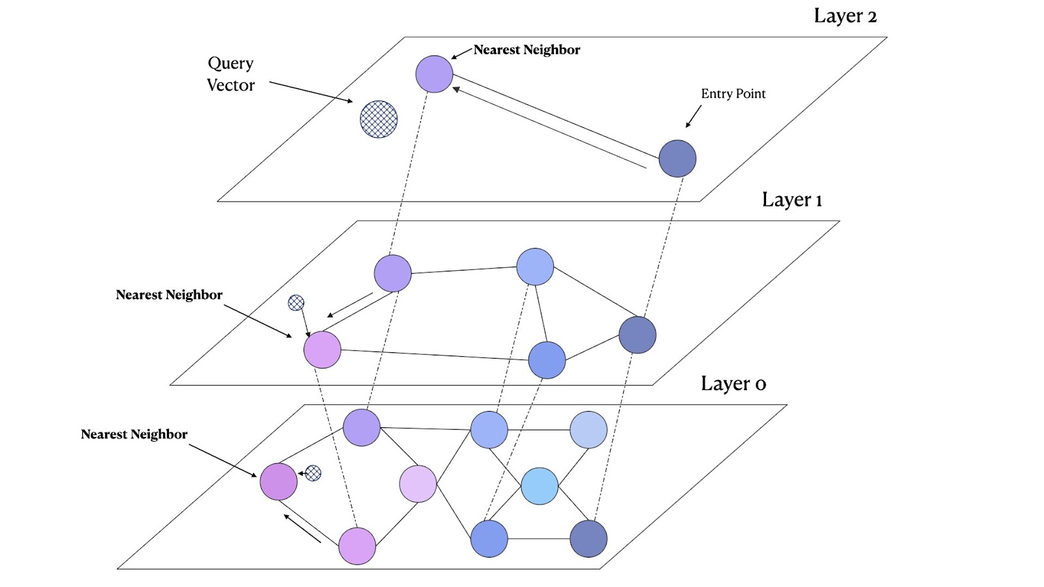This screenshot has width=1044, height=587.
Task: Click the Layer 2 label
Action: (x=845, y=16)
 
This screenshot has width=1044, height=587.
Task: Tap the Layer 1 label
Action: (x=791, y=200)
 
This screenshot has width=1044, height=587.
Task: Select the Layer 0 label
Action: (x=733, y=384)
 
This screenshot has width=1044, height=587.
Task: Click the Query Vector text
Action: (x=230, y=74)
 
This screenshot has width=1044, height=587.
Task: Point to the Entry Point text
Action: (x=733, y=94)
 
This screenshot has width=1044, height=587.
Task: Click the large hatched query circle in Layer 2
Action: (x=378, y=119)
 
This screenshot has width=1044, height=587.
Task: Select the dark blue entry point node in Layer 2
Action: (x=677, y=158)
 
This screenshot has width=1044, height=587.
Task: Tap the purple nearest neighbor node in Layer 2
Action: (x=434, y=74)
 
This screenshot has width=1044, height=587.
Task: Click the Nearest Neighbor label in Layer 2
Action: (x=527, y=50)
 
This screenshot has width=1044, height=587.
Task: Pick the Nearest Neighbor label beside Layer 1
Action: (x=169, y=295)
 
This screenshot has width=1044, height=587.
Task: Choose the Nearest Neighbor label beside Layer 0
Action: (x=134, y=434)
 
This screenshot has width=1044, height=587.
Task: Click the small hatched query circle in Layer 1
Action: (x=296, y=303)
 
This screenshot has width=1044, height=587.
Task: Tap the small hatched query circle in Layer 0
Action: (x=313, y=473)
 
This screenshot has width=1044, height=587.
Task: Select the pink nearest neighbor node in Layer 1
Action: (x=322, y=350)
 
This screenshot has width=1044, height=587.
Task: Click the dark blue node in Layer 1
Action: (x=637, y=335)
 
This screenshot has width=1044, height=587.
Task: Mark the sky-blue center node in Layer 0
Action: (x=540, y=486)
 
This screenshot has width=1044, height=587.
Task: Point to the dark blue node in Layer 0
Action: (x=589, y=539)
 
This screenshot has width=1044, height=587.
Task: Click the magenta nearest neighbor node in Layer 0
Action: (x=279, y=481)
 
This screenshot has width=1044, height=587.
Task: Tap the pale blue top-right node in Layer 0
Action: (x=589, y=430)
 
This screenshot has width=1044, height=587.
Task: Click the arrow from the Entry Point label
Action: (x=693, y=117)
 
